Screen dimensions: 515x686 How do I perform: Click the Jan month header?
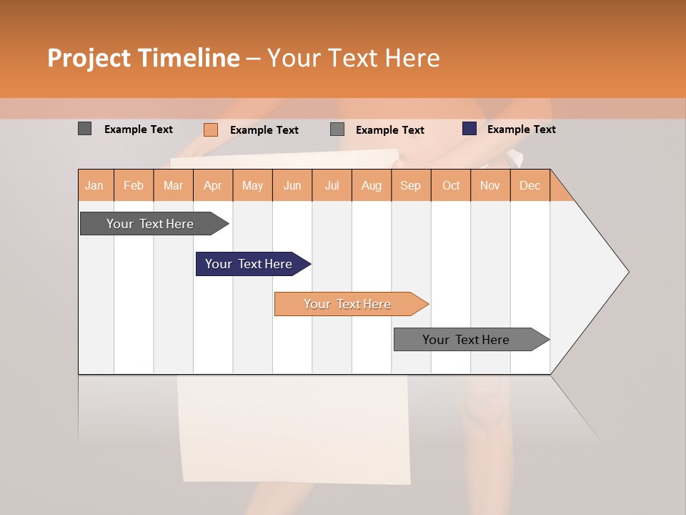tap(94, 185)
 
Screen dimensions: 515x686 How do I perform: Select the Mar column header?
tap(173, 185)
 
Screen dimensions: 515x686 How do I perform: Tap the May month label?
tap(252, 185)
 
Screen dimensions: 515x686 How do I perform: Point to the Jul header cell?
tap(332, 185)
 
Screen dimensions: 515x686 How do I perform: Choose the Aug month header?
tap(371, 185)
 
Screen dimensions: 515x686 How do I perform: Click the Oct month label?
tap(451, 185)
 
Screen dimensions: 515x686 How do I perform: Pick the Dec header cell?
tap(530, 185)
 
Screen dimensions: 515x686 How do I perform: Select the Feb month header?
tap(134, 185)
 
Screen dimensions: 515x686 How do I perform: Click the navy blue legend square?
tap(469, 129)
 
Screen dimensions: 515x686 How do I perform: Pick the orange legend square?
tap(211, 129)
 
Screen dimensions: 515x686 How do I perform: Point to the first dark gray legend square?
tap(85, 129)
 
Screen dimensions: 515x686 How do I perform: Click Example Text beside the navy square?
tap(521, 129)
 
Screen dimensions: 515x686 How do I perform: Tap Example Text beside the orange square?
tap(264, 130)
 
